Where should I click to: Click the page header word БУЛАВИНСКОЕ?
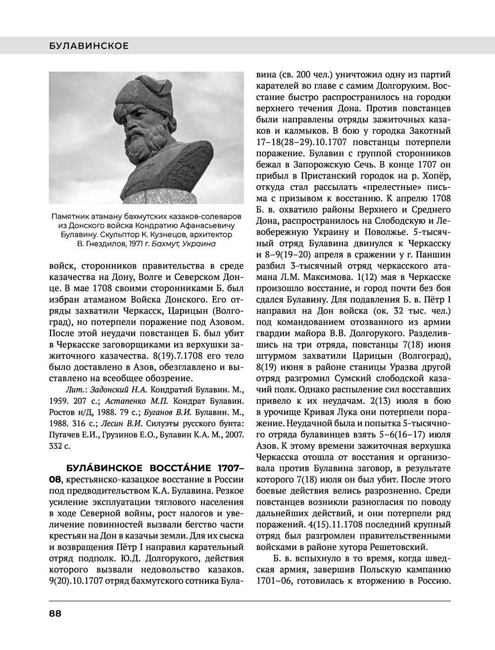(x=89, y=46)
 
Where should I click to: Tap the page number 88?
(x=54, y=613)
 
